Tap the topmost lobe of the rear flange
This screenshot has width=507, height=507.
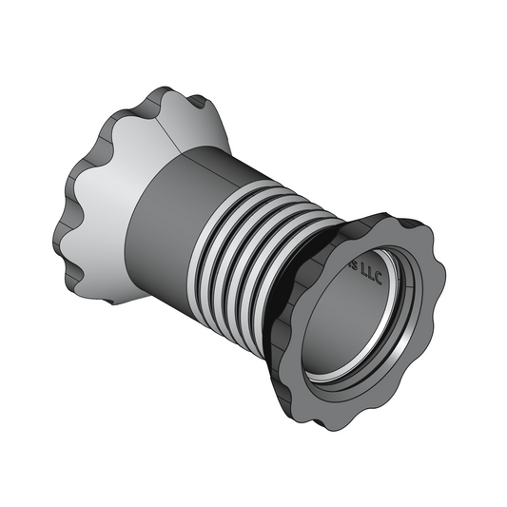[x=162, y=91]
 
